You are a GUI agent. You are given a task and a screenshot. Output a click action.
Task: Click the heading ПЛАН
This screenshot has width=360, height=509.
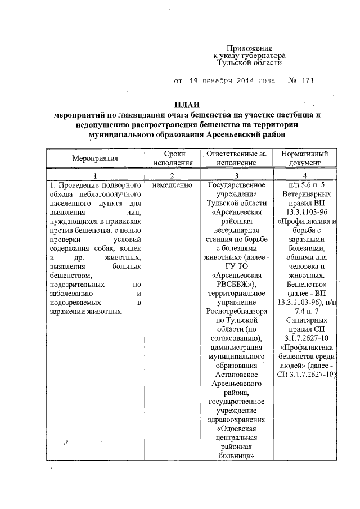point(186,105)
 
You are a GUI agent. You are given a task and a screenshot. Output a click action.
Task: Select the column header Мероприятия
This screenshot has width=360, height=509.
point(95,158)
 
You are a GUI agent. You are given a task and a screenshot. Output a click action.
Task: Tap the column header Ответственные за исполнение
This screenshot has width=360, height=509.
point(236,158)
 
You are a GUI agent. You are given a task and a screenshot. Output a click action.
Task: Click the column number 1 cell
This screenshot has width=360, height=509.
point(95,175)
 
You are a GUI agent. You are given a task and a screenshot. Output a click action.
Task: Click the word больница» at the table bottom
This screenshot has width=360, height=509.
point(236,455)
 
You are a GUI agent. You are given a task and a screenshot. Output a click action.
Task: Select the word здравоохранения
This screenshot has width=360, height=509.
point(236,419)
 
